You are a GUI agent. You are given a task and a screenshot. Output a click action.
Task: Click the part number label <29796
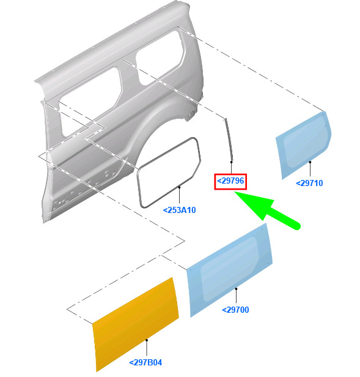point(230,181)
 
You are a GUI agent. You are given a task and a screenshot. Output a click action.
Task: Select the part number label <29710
point(309,183)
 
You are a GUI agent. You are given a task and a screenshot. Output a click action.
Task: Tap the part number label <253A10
point(180,210)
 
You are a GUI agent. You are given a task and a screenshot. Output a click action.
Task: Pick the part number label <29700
point(235,310)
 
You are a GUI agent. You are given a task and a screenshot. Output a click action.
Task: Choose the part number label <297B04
point(145,362)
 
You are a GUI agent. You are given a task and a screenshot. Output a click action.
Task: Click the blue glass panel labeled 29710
point(304,144)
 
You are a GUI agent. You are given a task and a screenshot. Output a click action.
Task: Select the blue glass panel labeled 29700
point(229,271)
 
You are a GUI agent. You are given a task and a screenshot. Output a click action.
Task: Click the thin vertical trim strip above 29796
point(229,140)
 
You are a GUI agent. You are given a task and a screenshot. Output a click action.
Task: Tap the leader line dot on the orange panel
point(147,340)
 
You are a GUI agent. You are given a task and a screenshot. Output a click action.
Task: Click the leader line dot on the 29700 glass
point(236,288)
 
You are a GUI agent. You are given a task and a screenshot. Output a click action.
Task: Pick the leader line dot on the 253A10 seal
point(180,187)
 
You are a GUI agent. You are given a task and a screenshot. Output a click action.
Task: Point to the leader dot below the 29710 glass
point(310,162)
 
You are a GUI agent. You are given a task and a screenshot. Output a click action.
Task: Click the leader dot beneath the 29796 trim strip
point(231,162)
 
